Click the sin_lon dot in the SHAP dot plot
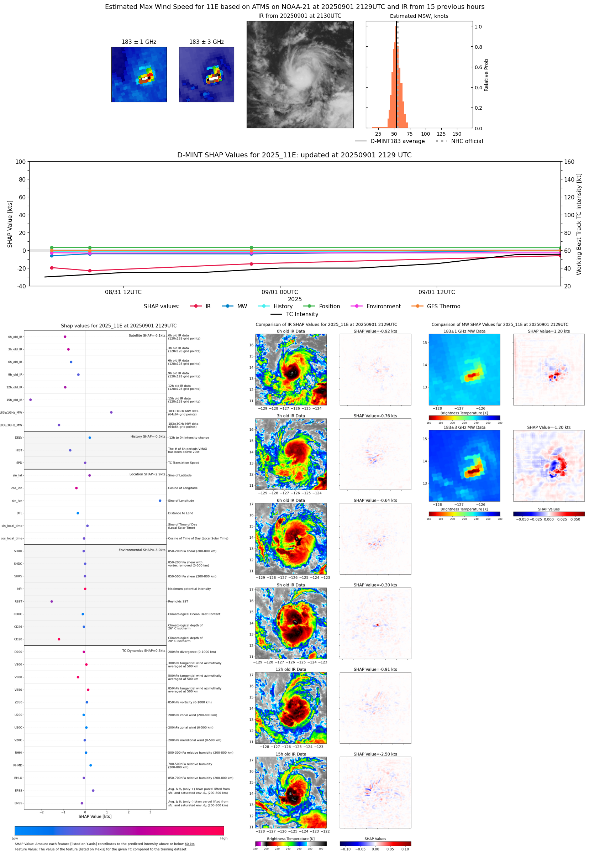pos(160,501)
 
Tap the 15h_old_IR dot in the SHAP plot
pos(31,400)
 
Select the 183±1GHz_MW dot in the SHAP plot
pos(111,412)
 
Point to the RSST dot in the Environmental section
pos(52,601)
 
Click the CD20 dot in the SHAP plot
pos(59,639)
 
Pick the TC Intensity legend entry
pos(295,314)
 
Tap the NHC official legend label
pos(467,141)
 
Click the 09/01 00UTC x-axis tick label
pos(280,292)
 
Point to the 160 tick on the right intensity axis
pos(569,162)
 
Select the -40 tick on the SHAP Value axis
pos(21,286)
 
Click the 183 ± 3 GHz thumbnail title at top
pos(206,42)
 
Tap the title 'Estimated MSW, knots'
pos(419,16)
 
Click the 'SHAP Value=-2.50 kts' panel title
pos(375,754)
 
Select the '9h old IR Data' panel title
pos(291,585)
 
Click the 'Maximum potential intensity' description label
pos(189,589)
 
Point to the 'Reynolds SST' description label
pos(178,601)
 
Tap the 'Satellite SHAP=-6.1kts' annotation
pos(147,335)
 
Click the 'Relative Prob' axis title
pos(486,75)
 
